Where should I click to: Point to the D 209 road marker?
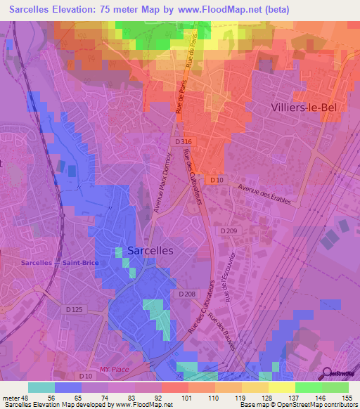click(x=229, y=231)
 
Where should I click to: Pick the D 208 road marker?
click(x=186, y=294)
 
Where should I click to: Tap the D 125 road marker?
click(x=74, y=309)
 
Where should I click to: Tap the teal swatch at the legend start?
click(x=41, y=387)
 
